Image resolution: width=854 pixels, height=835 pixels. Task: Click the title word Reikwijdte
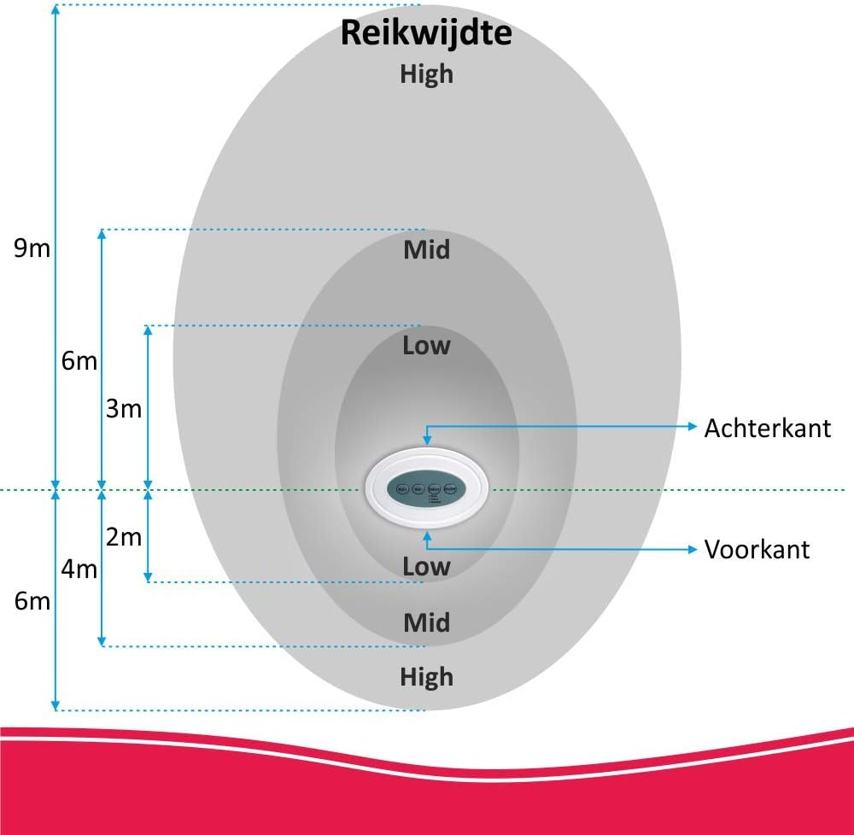coord(426,34)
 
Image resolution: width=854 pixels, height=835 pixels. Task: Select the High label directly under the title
coord(426,74)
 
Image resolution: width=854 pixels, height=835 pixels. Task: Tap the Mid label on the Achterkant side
coord(426,250)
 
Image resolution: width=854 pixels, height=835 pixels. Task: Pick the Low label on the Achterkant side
coord(426,346)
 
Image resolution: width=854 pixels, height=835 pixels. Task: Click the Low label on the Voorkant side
coord(426,565)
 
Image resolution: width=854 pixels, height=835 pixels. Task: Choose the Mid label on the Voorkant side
coord(426,622)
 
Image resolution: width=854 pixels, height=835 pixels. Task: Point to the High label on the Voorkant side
coord(426,677)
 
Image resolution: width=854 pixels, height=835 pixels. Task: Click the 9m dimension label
coord(32,248)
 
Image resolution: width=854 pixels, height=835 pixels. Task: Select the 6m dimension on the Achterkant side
coord(79,361)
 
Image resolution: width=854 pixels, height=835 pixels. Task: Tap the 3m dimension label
coord(124,409)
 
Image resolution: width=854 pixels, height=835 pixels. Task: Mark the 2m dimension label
coord(124,537)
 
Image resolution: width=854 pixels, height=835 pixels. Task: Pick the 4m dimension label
coord(79,569)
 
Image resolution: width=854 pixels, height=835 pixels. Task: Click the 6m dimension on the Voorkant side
coord(32,601)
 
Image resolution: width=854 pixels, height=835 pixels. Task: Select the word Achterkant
coord(767,428)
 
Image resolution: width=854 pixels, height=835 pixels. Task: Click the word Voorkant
coord(757,549)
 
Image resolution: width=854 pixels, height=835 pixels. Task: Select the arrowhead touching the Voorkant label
coord(693,549)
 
